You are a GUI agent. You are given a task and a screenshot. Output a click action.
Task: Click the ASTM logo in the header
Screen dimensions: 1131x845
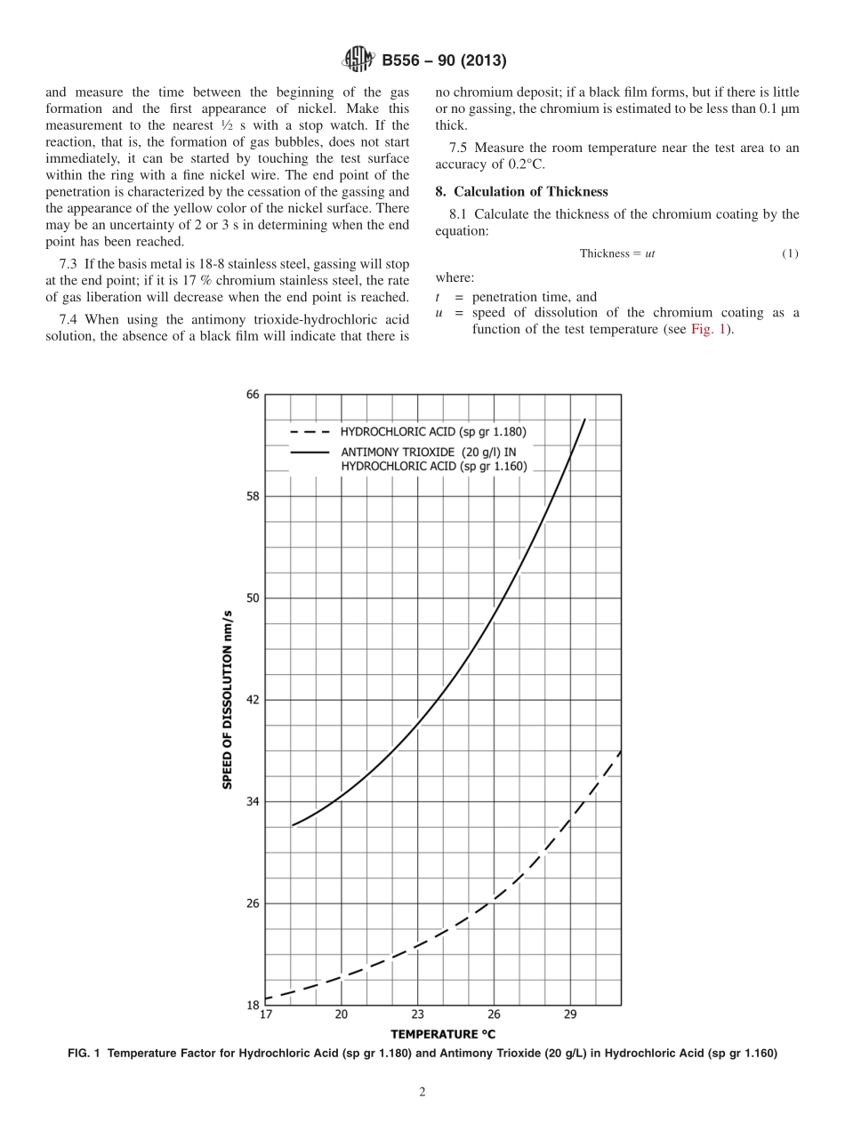(x=358, y=60)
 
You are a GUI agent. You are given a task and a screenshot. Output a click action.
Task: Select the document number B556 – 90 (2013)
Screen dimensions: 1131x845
(x=444, y=61)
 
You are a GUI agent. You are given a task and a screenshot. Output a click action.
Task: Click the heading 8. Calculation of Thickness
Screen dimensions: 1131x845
(x=521, y=191)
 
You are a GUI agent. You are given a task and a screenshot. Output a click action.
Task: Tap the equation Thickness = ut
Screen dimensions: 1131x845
(x=617, y=253)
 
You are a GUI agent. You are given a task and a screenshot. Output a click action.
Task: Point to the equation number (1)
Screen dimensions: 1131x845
(x=790, y=253)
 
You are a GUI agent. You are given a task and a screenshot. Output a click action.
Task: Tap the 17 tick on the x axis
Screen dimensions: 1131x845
(x=266, y=1015)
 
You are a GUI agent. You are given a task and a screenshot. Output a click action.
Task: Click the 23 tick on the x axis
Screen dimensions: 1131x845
(x=418, y=1015)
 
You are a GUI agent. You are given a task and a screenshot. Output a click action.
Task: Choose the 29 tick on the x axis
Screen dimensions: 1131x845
(x=570, y=1015)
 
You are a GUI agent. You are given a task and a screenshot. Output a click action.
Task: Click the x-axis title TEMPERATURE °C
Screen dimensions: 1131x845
(x=443, y=1034)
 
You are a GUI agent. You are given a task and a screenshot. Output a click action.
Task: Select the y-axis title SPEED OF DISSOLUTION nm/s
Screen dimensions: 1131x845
(x=228, y=700)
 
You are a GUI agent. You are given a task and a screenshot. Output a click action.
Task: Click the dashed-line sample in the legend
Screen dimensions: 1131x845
(x=310, y=432)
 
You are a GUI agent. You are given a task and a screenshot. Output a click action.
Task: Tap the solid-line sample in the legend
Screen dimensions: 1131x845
(x=310, y=452)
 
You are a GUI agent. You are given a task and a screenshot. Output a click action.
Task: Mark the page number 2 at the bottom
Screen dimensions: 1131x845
(x=422, y=1093)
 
